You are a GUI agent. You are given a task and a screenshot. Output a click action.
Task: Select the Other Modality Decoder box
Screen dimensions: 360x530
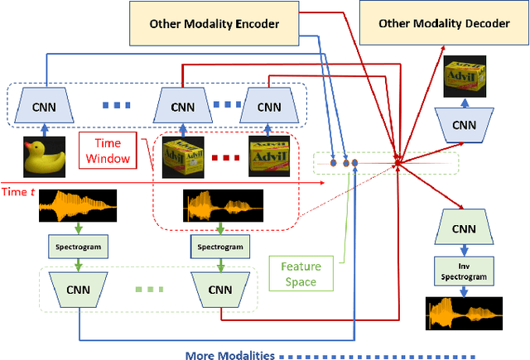[x=444, y=22]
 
